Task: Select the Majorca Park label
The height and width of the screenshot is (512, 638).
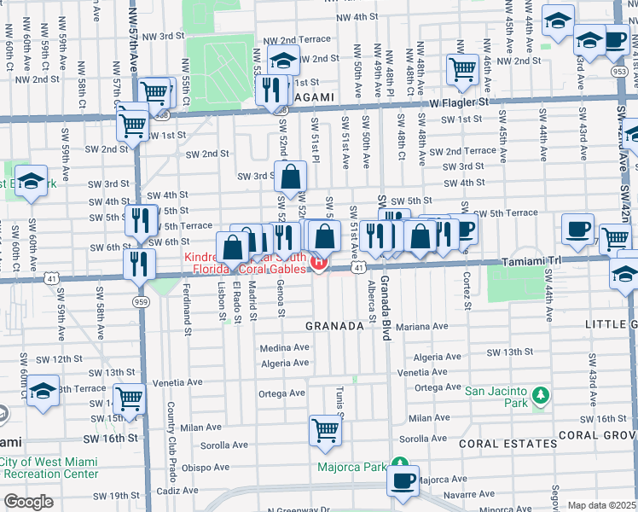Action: (351, 467)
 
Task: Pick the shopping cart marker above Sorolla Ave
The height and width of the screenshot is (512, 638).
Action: (325, 431)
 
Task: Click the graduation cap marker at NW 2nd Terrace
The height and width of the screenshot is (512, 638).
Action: (283, 61)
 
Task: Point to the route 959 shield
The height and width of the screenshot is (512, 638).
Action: (138, 302)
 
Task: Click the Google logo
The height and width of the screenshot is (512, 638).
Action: (29, 502)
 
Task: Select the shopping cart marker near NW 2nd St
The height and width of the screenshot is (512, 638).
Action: (461, 69)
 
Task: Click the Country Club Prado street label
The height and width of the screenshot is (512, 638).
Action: (171, 441)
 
